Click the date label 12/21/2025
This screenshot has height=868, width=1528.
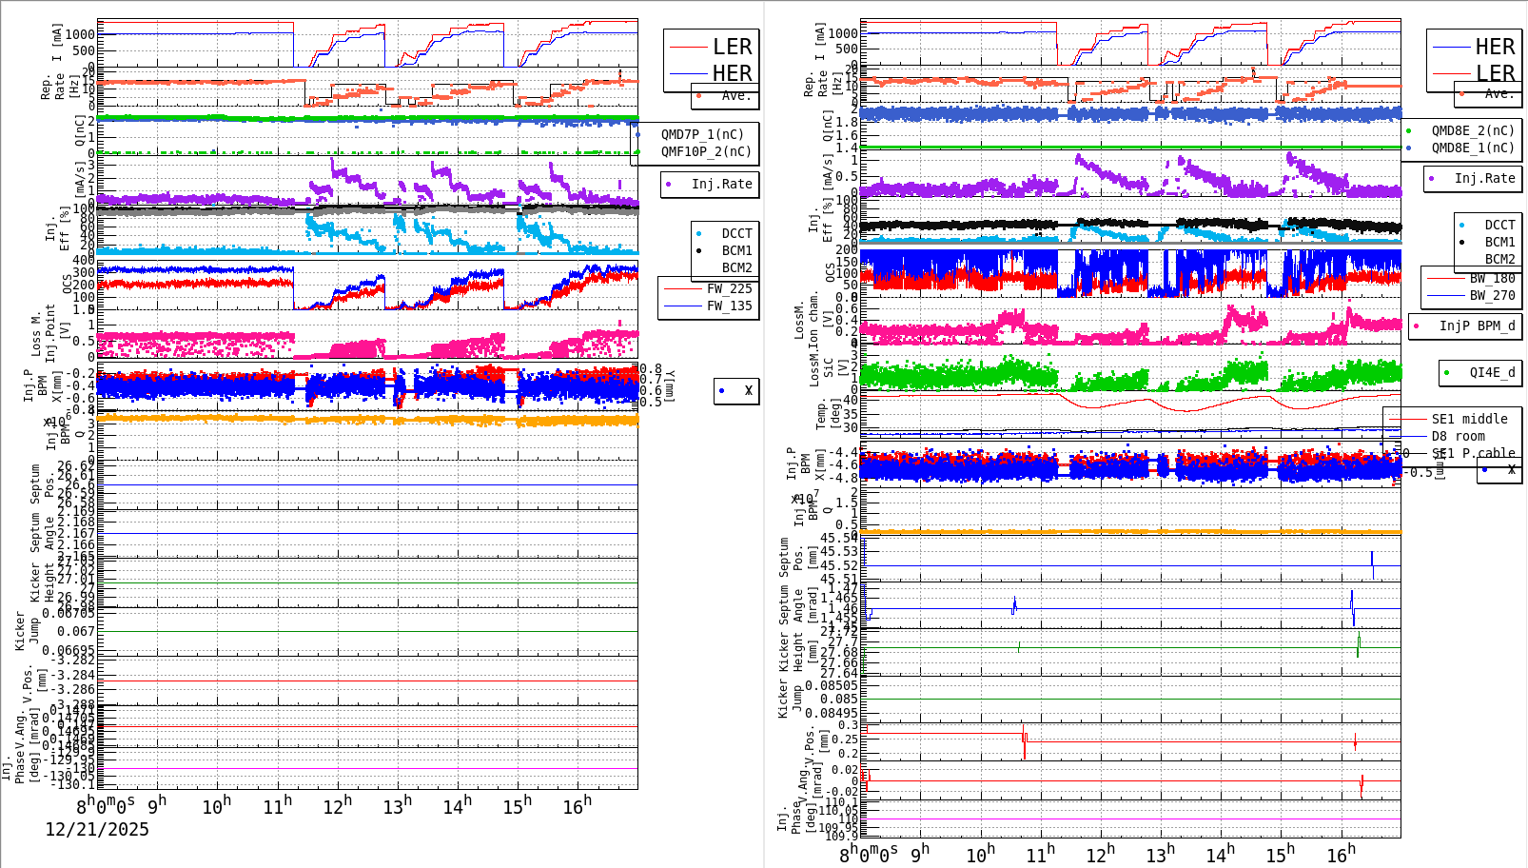pos(97,830)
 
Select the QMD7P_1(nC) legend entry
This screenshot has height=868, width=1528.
pos(702,134)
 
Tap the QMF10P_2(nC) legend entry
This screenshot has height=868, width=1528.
pos(706,151)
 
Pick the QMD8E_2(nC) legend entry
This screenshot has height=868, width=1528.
pos(1473,130)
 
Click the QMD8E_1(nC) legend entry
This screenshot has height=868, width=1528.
pos(1473,148)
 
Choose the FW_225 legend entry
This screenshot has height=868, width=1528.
pos(729,288)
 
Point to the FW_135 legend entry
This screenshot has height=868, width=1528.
pos(729,306)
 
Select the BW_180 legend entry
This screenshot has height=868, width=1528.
pos(1492,278)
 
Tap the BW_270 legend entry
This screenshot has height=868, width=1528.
pos(1492,295)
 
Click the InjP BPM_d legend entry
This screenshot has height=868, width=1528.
pos(1477,325)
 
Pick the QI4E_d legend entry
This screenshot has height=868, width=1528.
pos(1492,372)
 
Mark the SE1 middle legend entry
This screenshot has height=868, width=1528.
pos(1469,419)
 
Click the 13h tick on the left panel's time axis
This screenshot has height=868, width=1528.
pos(398,805)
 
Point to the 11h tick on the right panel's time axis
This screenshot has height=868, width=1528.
pos(1040,853)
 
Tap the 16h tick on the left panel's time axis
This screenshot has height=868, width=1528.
pos(577,805)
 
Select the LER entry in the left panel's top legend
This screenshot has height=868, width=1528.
pos(732,47)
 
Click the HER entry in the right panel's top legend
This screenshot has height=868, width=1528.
pos(1495,47)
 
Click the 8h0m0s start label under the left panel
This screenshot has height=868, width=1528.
pos(106,805)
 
